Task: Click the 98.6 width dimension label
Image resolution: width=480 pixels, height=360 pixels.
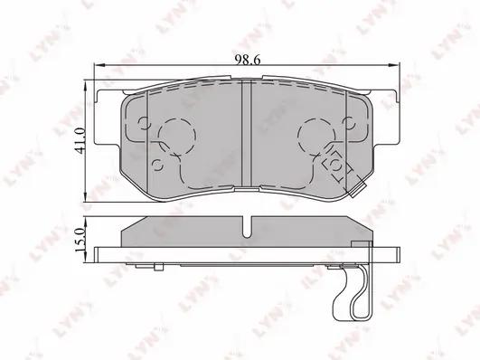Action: click(x=248, y=60)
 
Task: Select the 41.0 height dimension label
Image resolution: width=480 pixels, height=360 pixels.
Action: click(x=80, y=141)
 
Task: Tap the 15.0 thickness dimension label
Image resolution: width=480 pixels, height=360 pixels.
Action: click(x=80, y=240)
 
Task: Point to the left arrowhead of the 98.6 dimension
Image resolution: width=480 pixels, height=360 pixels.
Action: click(x=99, y=65)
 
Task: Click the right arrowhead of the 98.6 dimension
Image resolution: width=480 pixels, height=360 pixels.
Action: click(x=394, y=65)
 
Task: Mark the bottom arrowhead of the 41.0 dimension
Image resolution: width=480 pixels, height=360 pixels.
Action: click(x=86, y=197)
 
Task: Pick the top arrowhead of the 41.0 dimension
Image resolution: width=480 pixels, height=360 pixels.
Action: click(x=86, y=86)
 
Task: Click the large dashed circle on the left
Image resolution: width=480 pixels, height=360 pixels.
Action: click(x=177, y=136)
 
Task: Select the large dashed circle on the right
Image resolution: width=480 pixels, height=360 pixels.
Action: click(x=317, y=136)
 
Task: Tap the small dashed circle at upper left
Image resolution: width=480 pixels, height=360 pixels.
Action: click(x=145, y=123)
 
